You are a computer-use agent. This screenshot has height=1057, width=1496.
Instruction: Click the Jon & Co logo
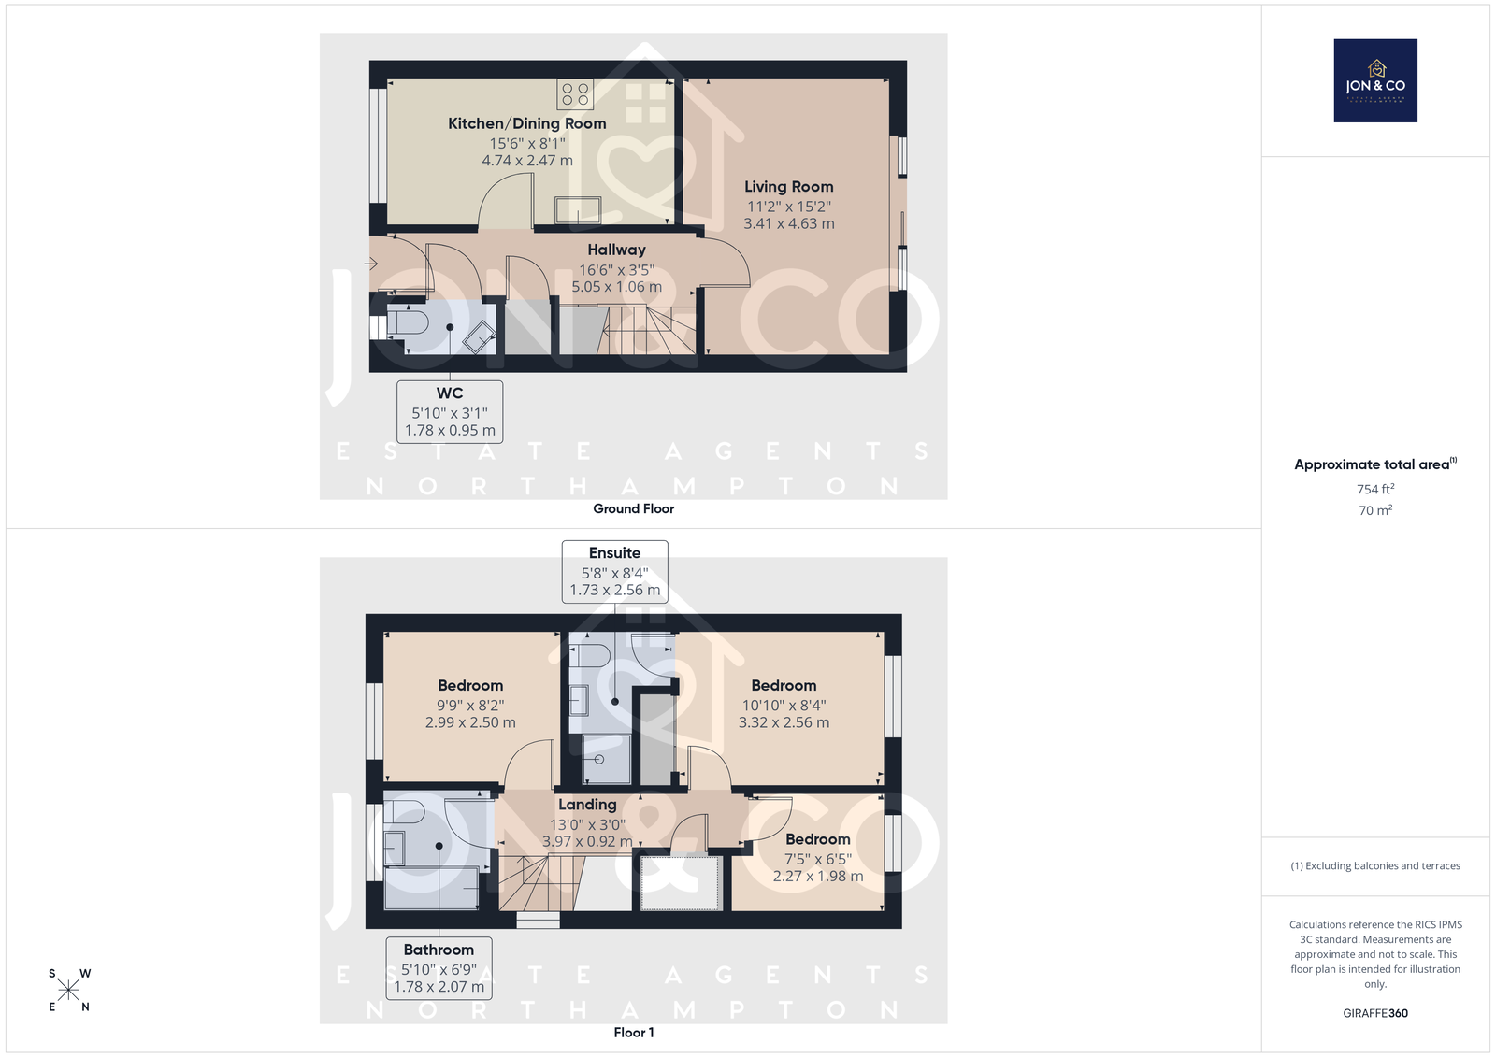tap(1375, 80)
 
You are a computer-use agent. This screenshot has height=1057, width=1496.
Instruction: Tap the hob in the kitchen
tap(575, 94)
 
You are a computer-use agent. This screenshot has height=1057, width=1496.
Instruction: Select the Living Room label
tap(789, 187)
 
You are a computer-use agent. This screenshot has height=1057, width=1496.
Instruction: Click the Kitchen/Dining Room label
tap(527, 123)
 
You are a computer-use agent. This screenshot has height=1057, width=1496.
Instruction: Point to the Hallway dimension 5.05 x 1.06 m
tap(616, 287)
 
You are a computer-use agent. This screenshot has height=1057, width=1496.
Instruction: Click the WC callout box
tap(450, 412)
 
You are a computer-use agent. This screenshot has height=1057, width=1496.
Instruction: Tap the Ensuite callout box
tap(614, 572)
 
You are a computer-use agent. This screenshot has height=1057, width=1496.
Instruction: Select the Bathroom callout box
tap(439, 968)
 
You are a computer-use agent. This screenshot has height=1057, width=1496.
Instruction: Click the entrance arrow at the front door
tap(370, 264)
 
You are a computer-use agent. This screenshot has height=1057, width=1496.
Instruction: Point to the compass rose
tap(69, 990)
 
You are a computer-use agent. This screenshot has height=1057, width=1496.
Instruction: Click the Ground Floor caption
tap(633, 508)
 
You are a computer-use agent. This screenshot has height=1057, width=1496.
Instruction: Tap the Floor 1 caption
tap(633, 1033)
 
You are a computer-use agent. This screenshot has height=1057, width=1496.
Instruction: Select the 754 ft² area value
tap(1375, 489)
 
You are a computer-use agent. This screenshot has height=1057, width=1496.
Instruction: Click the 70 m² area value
tap(1375, 510)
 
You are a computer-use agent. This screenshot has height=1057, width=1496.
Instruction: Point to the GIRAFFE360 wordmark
tap(1375, 1013)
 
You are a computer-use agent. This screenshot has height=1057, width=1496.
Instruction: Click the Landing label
tap(587, 805)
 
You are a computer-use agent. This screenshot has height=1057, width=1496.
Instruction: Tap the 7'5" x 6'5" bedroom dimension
tap(817, 859)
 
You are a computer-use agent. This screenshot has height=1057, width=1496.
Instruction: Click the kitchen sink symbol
tap(578, 211)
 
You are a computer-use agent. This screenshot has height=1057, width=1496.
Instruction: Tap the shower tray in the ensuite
tap(607, 759)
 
